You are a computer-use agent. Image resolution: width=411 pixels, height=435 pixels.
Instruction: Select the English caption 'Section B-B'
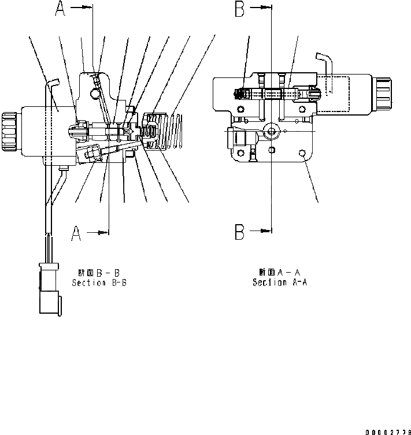(99, 283)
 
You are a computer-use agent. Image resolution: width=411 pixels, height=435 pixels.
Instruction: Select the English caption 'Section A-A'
(279, 282)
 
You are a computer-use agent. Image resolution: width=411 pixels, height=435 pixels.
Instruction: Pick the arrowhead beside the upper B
(266, 8)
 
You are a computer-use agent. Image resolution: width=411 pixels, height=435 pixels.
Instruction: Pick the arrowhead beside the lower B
(266, 232)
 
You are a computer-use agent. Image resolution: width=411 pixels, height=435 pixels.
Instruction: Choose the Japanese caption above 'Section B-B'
(99, 272)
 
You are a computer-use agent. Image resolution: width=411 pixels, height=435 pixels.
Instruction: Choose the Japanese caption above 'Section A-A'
(279, 272)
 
